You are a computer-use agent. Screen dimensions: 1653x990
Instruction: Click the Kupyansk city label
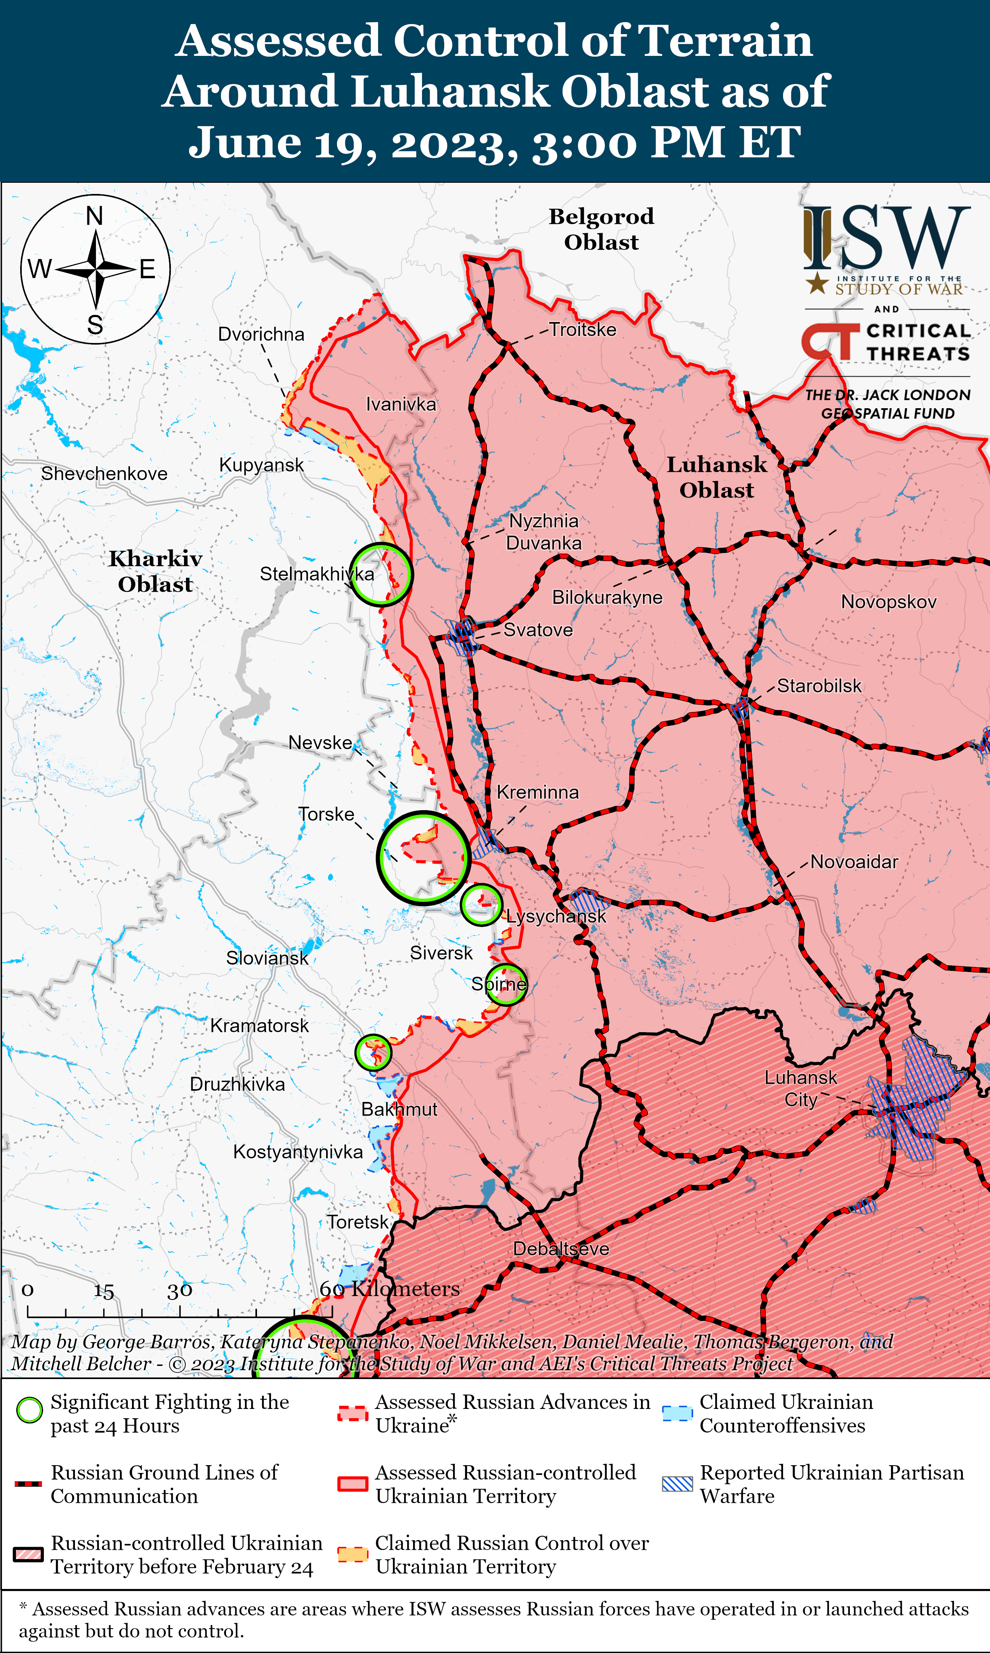click(x=262, y=465)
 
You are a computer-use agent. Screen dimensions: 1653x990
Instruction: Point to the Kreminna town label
click(x=538, y=792)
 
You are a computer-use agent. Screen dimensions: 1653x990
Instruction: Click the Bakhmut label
click(x=399, y=1109)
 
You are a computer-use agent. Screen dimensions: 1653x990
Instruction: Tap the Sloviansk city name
click(x=267, y=958)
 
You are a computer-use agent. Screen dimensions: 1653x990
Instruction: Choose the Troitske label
click(x=582, y=329)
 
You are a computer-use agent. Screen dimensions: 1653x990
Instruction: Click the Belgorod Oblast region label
click(x=601, y=229)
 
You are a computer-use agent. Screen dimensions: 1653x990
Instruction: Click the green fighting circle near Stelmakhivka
click(x=381, y=574)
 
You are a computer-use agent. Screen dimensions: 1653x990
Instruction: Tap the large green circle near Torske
click(x=424, y=858)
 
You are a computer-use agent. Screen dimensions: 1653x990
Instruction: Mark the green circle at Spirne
click(x=505, y=984)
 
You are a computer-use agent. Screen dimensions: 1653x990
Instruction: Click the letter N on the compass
click(x=95, y=216)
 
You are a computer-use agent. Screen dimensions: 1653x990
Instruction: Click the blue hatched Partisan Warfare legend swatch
click(x=677, y=1484)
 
